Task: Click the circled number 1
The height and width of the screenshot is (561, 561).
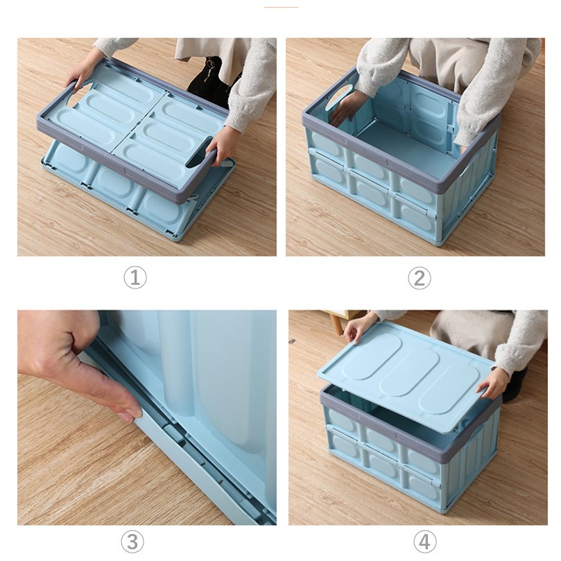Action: pyautogui.click(x=135, y=277)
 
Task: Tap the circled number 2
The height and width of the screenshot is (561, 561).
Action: pyautogui.click(x=420, y=278)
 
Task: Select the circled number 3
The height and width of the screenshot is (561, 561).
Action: pyautogui.click(x=132, y=542)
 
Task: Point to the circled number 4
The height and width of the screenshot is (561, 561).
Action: pyautogui.click(x=424, y=542)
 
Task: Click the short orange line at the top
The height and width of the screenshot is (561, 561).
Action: pyautogui.click(x=281, y=7)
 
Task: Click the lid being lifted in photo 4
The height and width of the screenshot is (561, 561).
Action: pyautogui.click(x=406, y=376)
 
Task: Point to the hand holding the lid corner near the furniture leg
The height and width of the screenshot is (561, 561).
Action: pyautogui.click(x=359, y=327)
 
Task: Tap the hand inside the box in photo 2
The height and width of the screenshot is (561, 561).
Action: pyautogui.click(x=346, y=107)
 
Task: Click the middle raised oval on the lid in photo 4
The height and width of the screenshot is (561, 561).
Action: pyautogui.click(x=409, y=373)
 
